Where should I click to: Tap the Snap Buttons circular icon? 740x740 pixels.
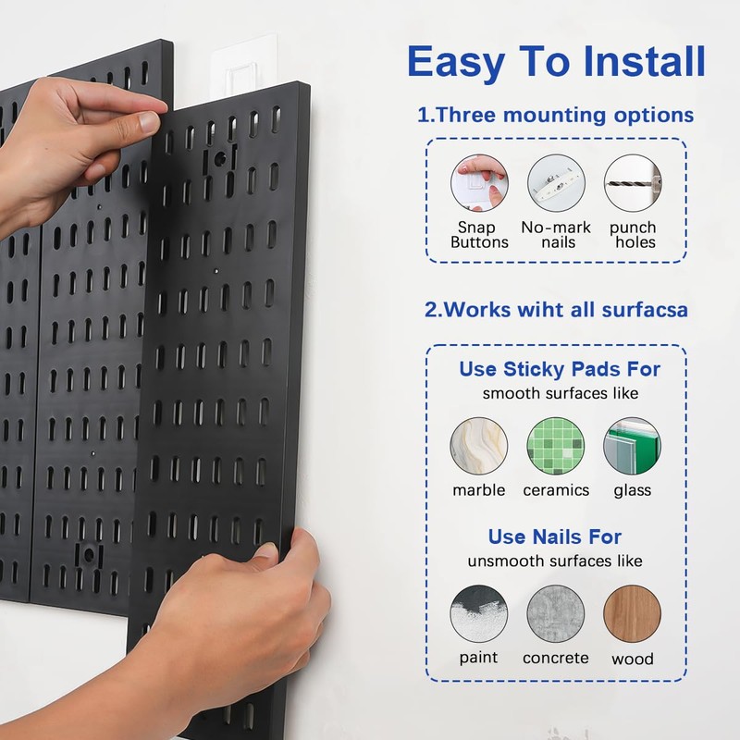479,182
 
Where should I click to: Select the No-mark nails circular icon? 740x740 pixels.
556,182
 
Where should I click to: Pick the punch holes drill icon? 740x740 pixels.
633,182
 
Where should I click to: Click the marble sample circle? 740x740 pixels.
478,447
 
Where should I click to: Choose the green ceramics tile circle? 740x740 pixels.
555,447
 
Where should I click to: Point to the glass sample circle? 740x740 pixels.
632,447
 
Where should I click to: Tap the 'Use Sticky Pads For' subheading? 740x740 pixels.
560,370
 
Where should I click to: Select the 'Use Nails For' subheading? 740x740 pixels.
555,537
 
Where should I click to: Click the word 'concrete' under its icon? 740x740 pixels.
555,659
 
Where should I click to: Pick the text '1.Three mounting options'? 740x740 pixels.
555,116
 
